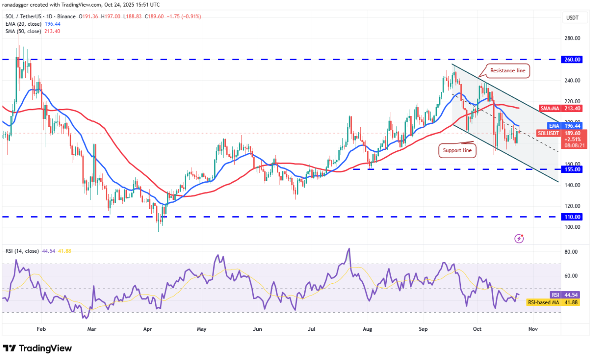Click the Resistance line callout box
pyautogui.click(x=509, y=70)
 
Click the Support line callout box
pyautogui.click(x=457, y=150)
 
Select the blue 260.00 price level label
pyautogui.click(x=572, y=59)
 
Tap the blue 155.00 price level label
pyautogui.click(x=572, y=169)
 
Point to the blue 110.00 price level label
pyautogui.click(x=572, y=217)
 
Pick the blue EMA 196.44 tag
pyautogui.click(x=565, y=126)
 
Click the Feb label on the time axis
pyautogui.click(x=41, y=329)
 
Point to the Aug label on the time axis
pyautogui.click(x=368, y=329)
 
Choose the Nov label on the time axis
pyautogui.click(x=533, y=329)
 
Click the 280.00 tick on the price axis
pyautogui.click(x=572, y=39)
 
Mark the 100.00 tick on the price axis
pyautogui.click(x=572, y=227)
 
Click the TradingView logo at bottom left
pyautogui.click(x=37, y=348)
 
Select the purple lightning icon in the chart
pyautogui.click(x=519, y=239)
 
